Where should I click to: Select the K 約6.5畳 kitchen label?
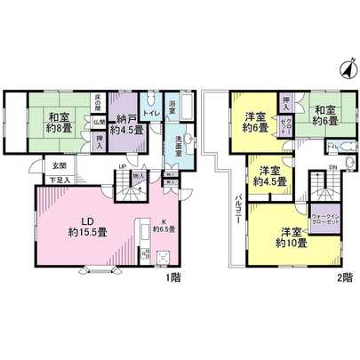(166, 227)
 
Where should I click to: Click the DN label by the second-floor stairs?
(330, 166)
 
